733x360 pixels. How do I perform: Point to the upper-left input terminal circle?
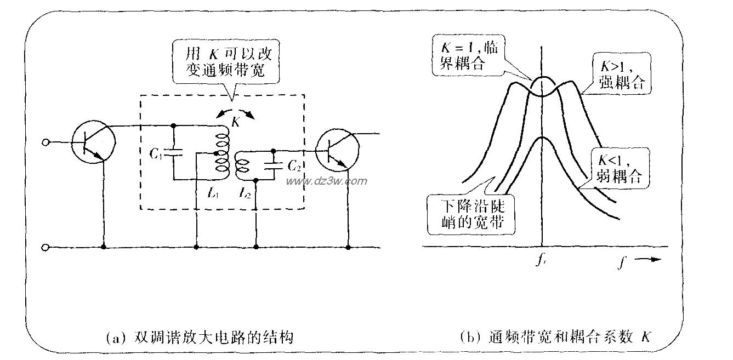[46, 143]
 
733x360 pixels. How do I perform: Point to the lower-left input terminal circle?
[46, 248]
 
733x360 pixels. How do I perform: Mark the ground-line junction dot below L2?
[255, 248]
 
